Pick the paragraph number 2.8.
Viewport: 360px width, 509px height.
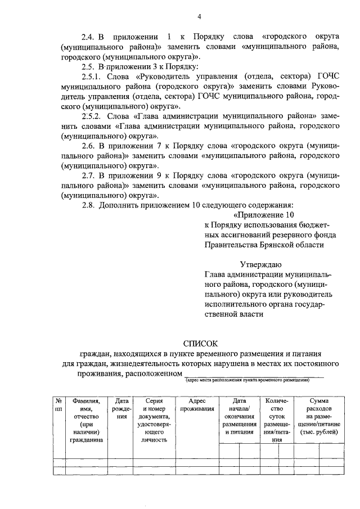pos(89,205)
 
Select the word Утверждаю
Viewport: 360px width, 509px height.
pos(262,264)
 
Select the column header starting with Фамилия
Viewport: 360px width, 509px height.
pos(86,420)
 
